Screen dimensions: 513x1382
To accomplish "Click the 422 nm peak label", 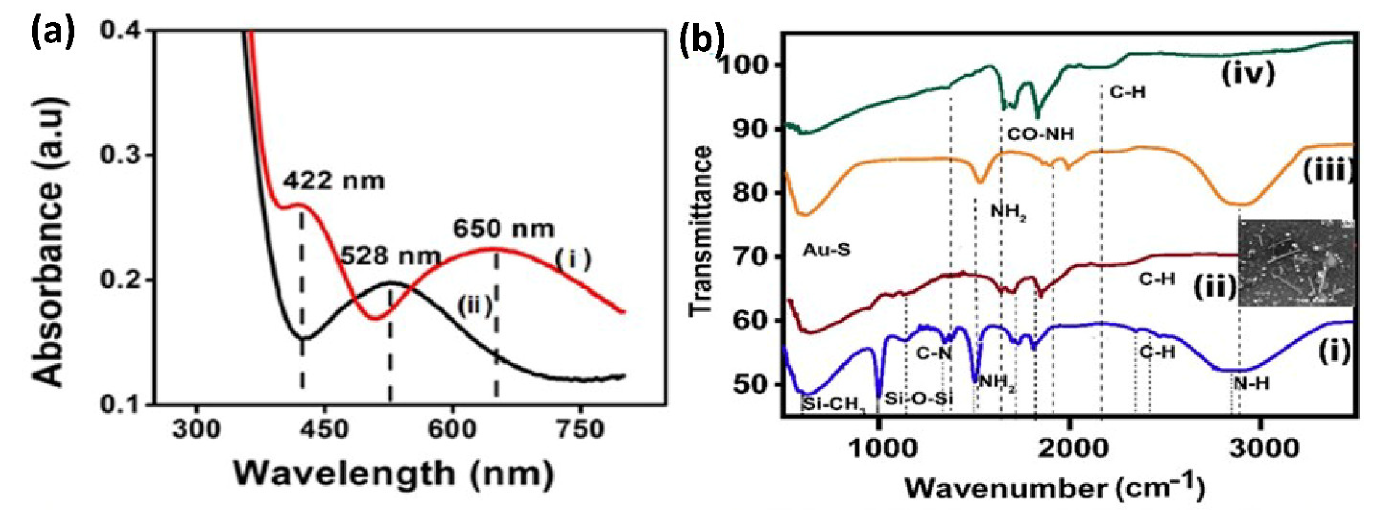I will pyautogui.click(x=334, y=181).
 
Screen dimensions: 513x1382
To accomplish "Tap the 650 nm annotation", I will pyautogui.click(x=503, y=229).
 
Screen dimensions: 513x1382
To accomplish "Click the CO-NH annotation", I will pyautogui.click(x=1040, y=134).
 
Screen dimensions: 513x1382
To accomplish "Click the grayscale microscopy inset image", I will pyautogui.click(x=1295, y=263).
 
